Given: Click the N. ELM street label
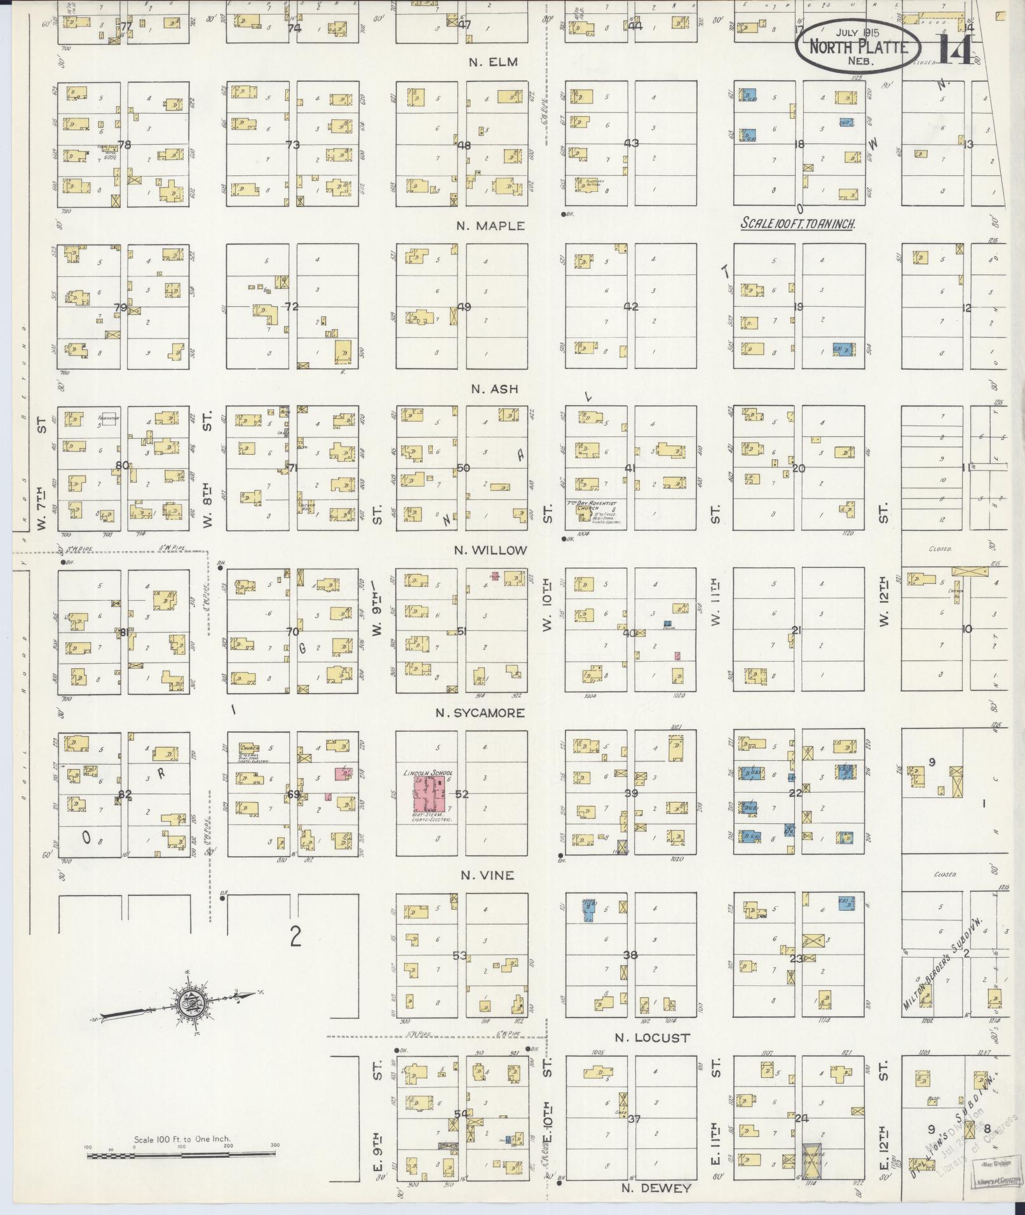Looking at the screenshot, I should [x=493, y=62].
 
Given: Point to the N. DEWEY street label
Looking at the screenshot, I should [x=656, y=1188].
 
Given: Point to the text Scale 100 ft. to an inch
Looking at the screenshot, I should [x=798, y=224].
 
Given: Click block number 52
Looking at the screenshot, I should [x=461, y=794].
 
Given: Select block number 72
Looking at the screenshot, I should [x=292, y=307].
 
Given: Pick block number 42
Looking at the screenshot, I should [x=630, y=307].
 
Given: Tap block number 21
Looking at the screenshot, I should [x=796, y=631].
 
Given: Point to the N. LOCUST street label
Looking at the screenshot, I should [x=652, y=1038].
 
